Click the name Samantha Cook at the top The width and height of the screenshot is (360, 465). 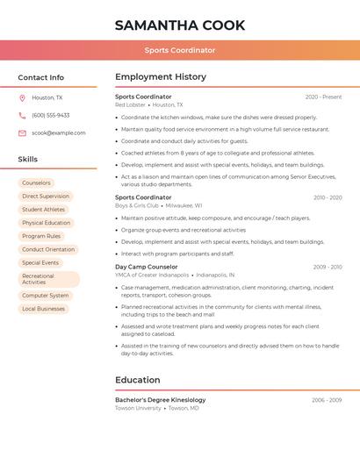[x=180, y=25]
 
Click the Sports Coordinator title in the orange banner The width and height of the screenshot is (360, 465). [x=180, y=50]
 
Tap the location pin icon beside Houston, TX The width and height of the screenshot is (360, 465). [x=22, y=97]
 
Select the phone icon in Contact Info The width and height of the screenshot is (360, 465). [x=22, y=115]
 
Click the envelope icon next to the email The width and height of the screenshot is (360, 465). [x=22, y=132]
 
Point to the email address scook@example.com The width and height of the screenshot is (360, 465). [x=59, y=132]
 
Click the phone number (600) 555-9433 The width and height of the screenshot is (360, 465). [x=50, y=115]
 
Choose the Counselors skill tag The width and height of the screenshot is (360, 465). [x=36, y=182]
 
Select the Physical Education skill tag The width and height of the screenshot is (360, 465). [x=46, y=223]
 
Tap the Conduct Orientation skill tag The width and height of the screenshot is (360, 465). [x=48, y=249]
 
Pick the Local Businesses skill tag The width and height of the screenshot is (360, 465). [x=43, y=309]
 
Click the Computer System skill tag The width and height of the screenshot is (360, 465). [x=45, y=296]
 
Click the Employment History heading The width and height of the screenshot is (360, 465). [x=161, y=77]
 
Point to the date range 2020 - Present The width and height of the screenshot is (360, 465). [x=323, y=97]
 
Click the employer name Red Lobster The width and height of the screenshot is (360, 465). [x=131, y=105]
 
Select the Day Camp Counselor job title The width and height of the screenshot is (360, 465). [x=146, y=267]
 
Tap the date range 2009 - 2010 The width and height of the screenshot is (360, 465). [x=327, y=267]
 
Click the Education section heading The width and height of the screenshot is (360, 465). [x=138, y=380]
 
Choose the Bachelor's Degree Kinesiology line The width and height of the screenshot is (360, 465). [x=160, y=400]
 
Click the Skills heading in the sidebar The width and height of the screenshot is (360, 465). [x=28, y=160]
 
